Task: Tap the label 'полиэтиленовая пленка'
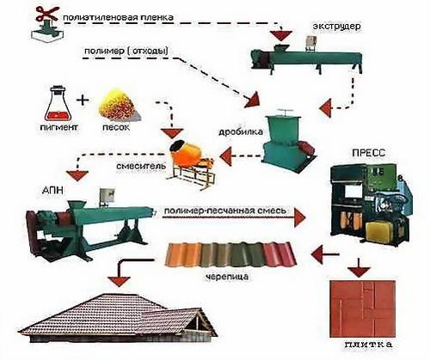(x=118, y=17)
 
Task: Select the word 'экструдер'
(x=336, y=27)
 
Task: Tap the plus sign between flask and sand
(x=83, y=100)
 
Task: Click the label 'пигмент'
(x=58, y=127)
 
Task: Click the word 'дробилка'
(x=241, y=132)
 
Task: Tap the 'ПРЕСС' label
(x=369, y=153)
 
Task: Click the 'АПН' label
(x=52, y=191)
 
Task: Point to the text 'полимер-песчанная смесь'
(x=225, y=211)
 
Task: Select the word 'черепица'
(x=227, y=277)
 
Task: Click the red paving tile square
(x=363, y=308)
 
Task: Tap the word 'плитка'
(x=368, y=345)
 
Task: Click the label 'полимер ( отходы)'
(x=126, y=52)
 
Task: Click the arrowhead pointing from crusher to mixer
(x=225, y=156)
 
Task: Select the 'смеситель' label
(x=141, y=166)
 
